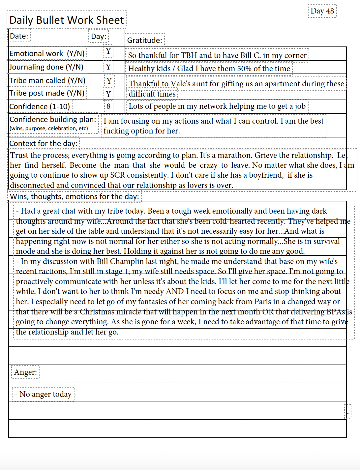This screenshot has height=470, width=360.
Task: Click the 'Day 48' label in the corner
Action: (x=322, y=11)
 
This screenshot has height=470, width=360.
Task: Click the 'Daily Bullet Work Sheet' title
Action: (x=67, y=20)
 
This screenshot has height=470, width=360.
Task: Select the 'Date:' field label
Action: (x=19, y=36)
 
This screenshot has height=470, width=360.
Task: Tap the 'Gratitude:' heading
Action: (x=144, y=40)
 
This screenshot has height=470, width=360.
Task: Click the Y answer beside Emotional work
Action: (x=108, y=51)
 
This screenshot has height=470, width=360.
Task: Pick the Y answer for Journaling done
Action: (x=108, y=67)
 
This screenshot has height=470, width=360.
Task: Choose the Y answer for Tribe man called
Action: (x=109, y=81)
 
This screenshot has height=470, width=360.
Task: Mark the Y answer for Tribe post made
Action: (x=108, y=94)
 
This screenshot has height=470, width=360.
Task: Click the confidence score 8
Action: (x=108, y=106)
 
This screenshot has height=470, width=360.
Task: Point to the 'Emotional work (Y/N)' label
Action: (x=47, y=53)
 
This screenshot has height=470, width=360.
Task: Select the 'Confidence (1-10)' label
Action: (x=40, y=106)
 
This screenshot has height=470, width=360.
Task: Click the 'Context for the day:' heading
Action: (x=44, y=143)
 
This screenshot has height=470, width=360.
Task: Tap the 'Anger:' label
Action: (x=25, y=372)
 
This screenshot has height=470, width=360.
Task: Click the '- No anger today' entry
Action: (x=43, y=394)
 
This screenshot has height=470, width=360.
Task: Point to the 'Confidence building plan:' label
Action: (x=53, y=119)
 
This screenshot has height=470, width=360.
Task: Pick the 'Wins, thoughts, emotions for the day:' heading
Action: (x=75, y=196)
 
